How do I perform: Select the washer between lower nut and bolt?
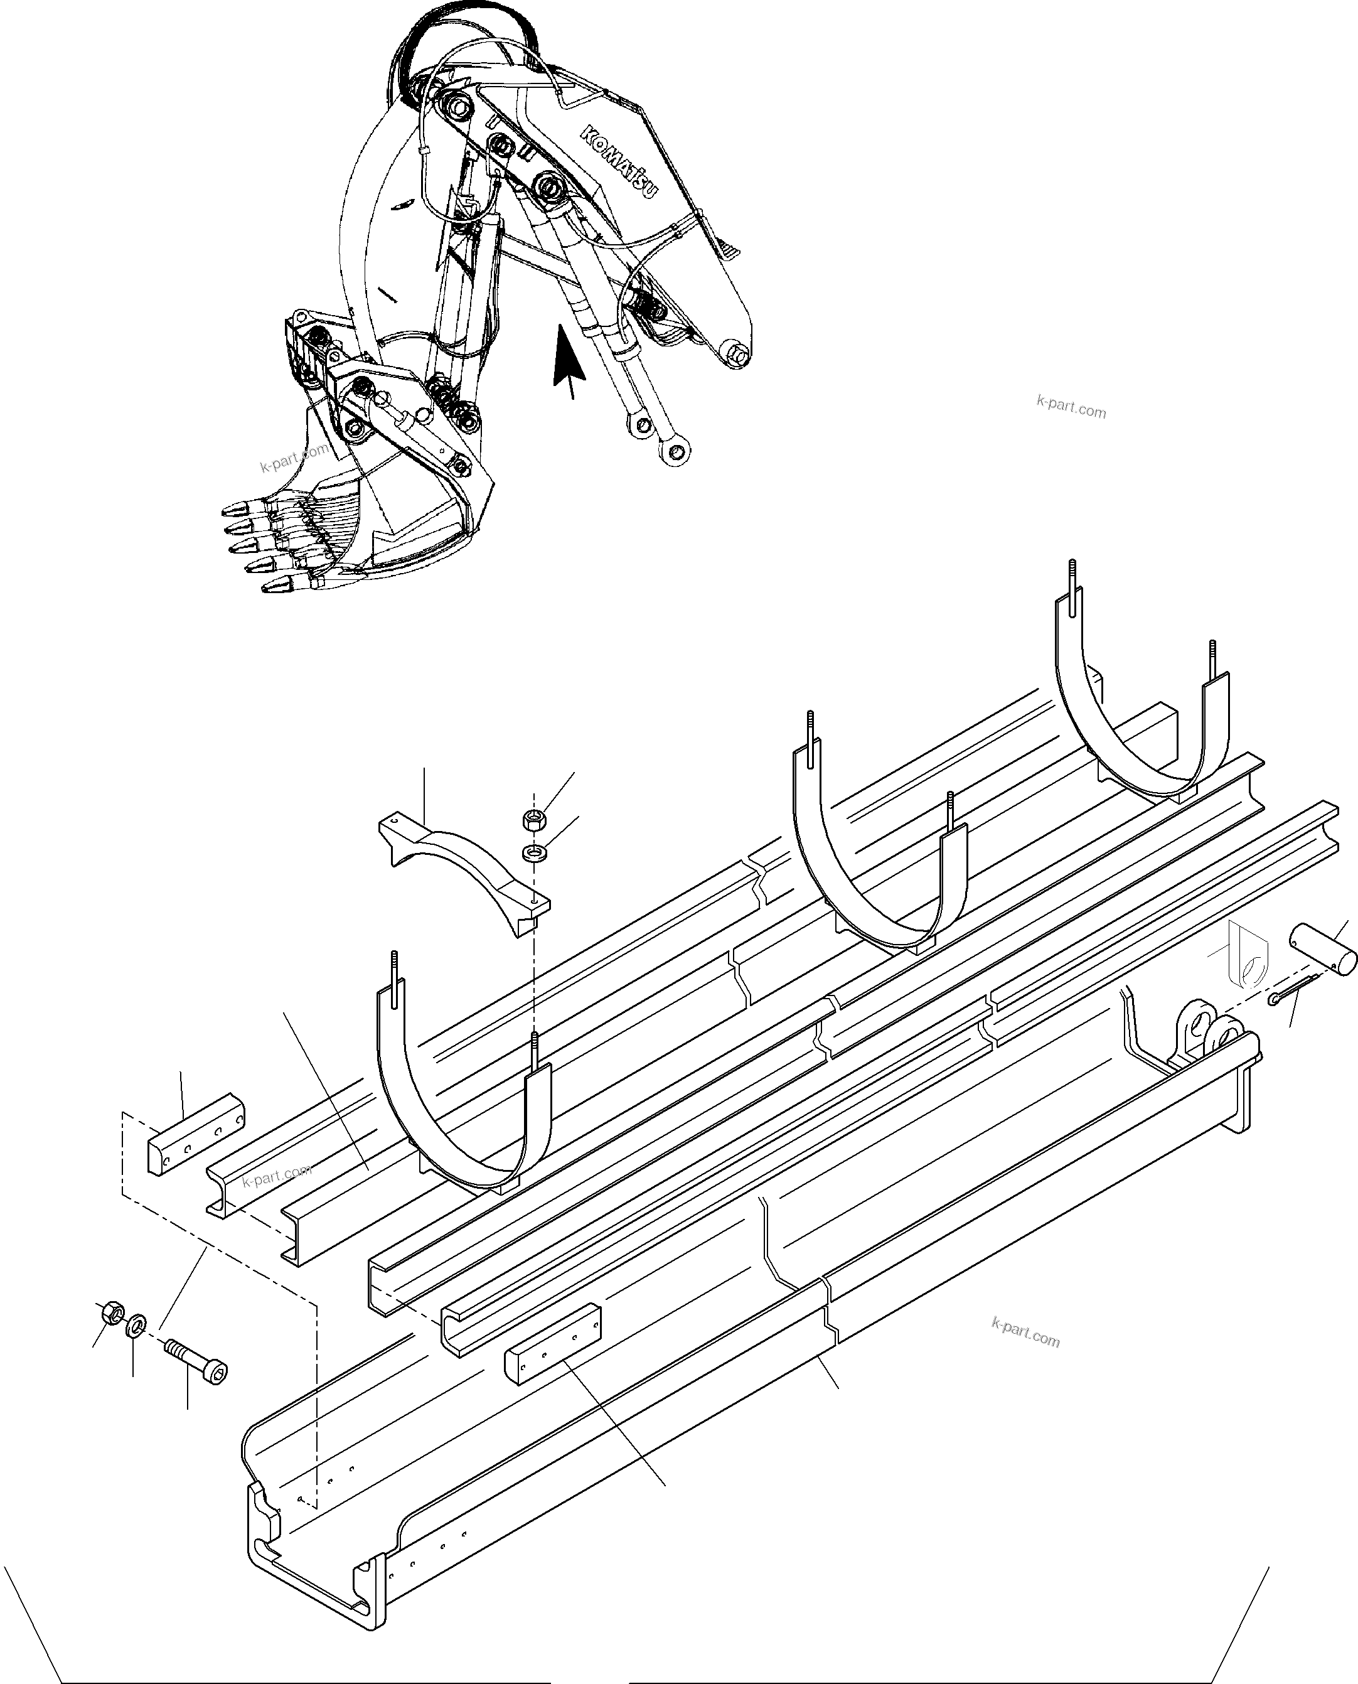point(134,1325)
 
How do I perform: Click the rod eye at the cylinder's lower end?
point(673,450)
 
